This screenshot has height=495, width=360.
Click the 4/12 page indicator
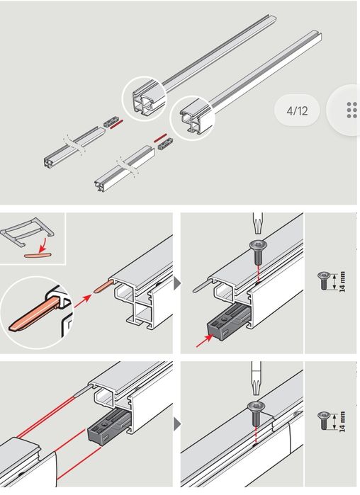(297, 110)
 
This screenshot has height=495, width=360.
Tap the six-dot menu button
(351, 110)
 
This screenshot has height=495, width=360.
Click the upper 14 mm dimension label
(342, 282)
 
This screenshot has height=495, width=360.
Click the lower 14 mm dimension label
(342, 421)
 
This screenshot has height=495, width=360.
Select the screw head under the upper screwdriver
(258, 244)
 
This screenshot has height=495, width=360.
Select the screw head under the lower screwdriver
(256, 406)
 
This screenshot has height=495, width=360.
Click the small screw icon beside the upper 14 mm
(324, 280)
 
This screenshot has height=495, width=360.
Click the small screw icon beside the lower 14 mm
(324, 421)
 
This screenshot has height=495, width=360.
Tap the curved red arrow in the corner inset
(43, 245)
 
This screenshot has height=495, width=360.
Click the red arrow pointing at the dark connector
(203, 341)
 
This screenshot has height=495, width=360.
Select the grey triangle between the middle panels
(178, 283)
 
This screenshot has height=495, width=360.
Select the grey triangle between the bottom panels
(178, 424)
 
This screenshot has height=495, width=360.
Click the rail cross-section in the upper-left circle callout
(145, 101)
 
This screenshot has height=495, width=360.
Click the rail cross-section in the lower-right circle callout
(192, 120)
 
